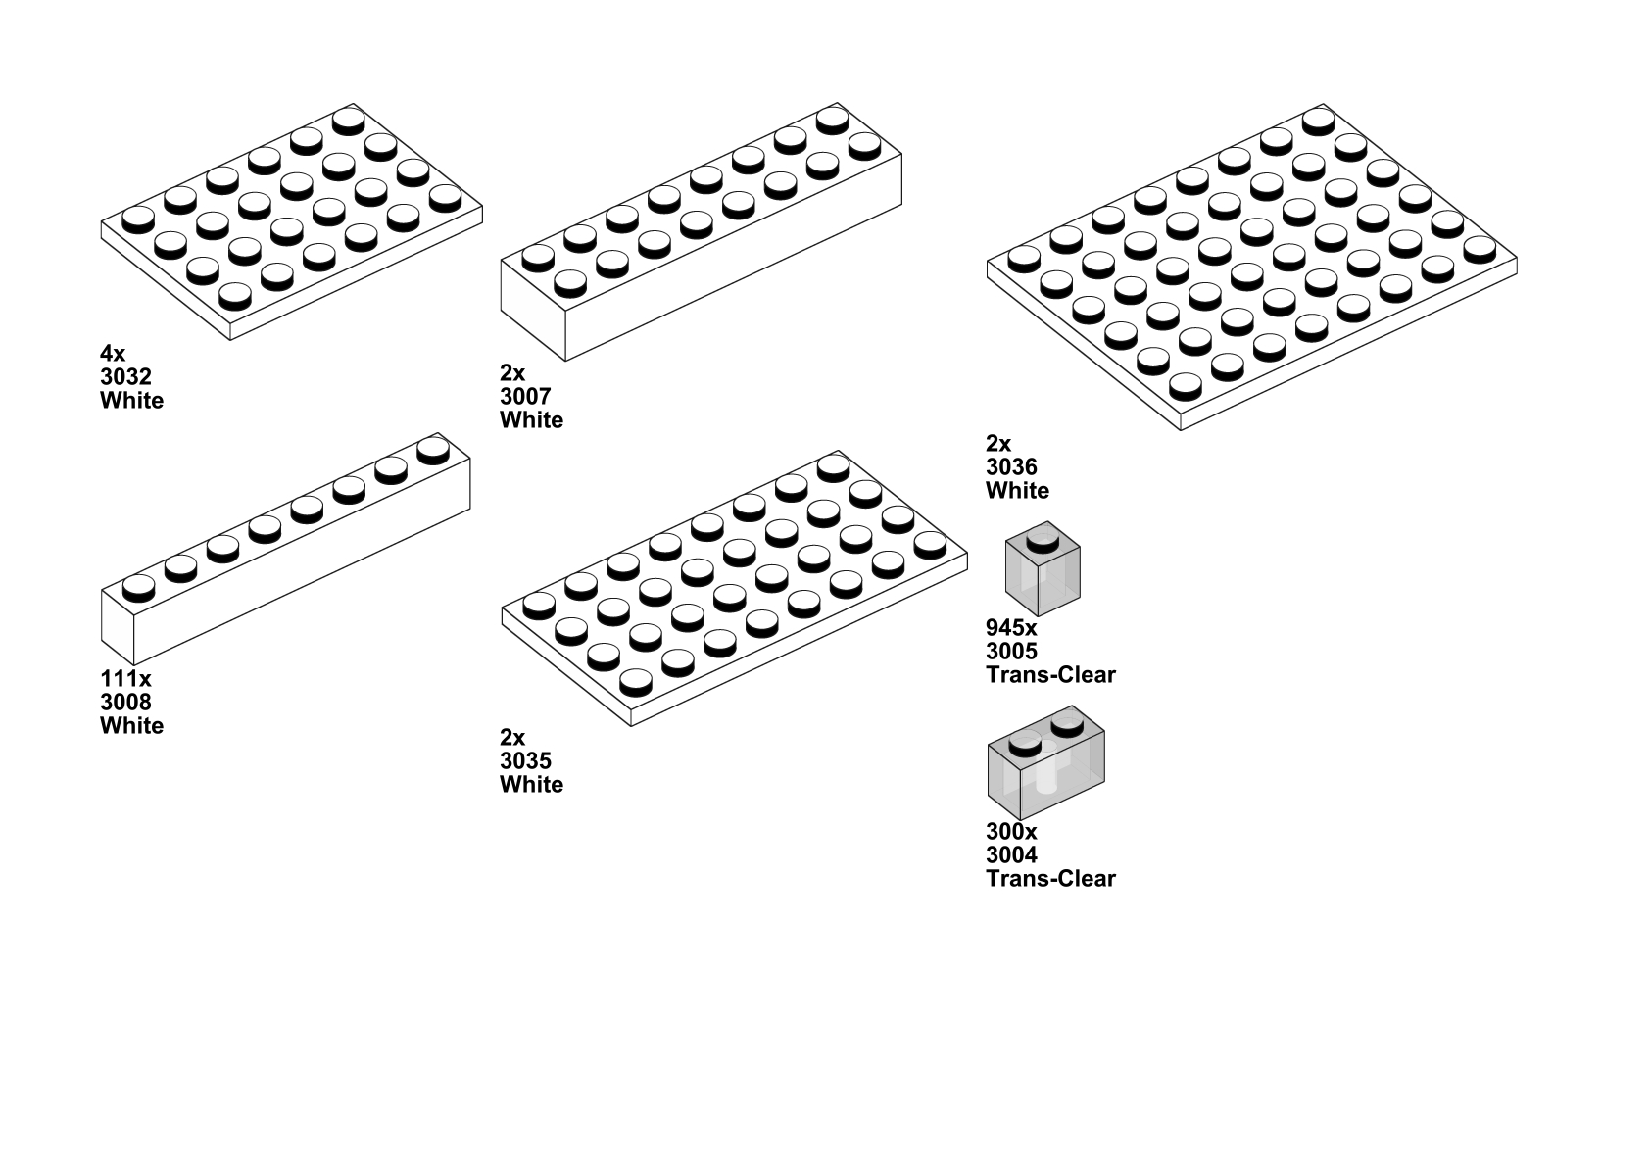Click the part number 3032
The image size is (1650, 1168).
point(126,377)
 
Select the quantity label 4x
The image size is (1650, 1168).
point(113,354)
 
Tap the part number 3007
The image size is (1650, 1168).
point(525,397)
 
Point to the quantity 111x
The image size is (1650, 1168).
point(126,678)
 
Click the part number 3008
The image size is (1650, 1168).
point(126,702)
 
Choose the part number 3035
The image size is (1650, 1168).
point(525,760)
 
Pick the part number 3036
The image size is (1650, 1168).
point(1011,466)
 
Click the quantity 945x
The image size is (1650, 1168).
point(1011,627)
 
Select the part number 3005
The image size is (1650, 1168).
point(1011,651)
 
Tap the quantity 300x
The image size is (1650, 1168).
point(1011,832)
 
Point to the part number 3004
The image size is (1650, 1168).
point(1011,855)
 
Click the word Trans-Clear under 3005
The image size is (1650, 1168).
point(1051,674)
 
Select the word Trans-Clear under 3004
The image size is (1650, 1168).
point(1051,879)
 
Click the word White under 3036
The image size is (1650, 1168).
point(1017,491)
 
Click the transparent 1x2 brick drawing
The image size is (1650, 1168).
point(1046,763)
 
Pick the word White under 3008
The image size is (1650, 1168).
point(132,725)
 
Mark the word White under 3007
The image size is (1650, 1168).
point(531,420)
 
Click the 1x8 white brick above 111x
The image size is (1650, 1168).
point(286,549)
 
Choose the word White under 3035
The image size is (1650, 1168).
point(531,784)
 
